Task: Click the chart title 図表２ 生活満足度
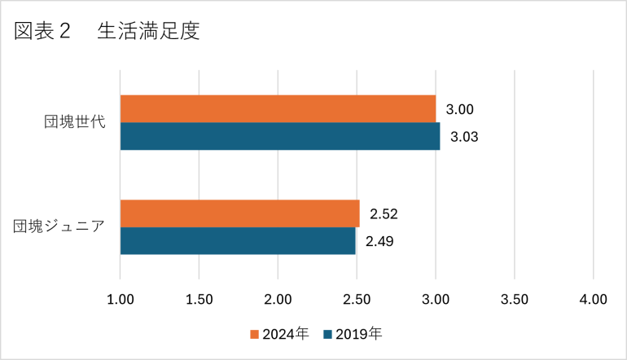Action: point(107,32)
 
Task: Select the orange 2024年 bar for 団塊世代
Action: point(278,109)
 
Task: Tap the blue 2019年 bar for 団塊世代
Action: point(279,136)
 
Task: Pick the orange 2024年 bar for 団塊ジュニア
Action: point(239,213)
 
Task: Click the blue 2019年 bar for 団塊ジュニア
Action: point(238,241)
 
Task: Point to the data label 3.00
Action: point(460,109)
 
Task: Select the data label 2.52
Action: point(384,214)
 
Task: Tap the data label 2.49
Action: point(379,242)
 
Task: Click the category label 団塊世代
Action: point(76,123)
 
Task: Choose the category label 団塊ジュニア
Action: point(59,227)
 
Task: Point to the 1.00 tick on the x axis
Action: point(121,299)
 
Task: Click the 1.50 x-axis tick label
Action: point(199,299)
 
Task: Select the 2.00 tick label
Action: point(278,299)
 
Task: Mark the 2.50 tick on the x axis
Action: point(357,299)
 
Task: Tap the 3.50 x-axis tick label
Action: point(514,299)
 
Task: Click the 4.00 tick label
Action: point(593,299)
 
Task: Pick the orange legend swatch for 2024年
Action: point(254,334)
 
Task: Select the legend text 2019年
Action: point(358,334)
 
